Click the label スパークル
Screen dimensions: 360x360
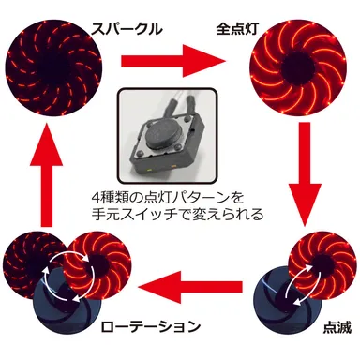click(127, 30)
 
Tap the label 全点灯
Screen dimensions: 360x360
click(237, 29)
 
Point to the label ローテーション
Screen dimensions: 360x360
click(150, 326)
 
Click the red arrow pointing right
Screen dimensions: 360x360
click(173, 61)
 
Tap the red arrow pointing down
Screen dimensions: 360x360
click(305, 173)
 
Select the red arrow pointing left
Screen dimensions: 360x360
click(190, 287)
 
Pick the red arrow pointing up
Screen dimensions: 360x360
click(47, 174)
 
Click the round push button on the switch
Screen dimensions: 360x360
click(159, 137)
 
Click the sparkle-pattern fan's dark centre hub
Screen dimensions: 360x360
click(53, 67)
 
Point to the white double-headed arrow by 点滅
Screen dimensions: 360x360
click(301, 284)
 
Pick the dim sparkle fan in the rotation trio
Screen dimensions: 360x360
click(36, 264)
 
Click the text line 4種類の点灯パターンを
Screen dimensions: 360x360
click(168, 198)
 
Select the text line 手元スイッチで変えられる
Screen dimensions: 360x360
click(177, 214)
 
